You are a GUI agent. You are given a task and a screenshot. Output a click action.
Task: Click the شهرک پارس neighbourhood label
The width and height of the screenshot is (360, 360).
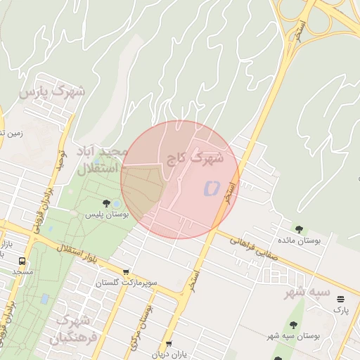point(52,91)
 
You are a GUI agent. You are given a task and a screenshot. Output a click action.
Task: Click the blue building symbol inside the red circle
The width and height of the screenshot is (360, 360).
point(212,188)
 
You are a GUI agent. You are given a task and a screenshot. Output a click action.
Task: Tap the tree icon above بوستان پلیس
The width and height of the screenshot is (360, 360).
point(106,203)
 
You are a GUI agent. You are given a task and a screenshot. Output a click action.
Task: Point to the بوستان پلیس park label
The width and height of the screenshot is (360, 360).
point(106,213)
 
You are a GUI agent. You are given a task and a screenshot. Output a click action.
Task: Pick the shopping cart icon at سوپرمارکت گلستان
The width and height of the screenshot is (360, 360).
point(126,272)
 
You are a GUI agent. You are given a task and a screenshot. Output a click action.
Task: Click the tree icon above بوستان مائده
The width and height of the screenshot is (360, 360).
point(300,229)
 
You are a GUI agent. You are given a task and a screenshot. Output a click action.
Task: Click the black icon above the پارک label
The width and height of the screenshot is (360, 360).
point(341,299)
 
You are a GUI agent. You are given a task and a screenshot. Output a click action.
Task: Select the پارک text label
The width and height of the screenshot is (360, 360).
point(341,309)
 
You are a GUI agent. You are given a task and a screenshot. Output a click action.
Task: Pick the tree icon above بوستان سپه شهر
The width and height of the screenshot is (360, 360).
point(293,325)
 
